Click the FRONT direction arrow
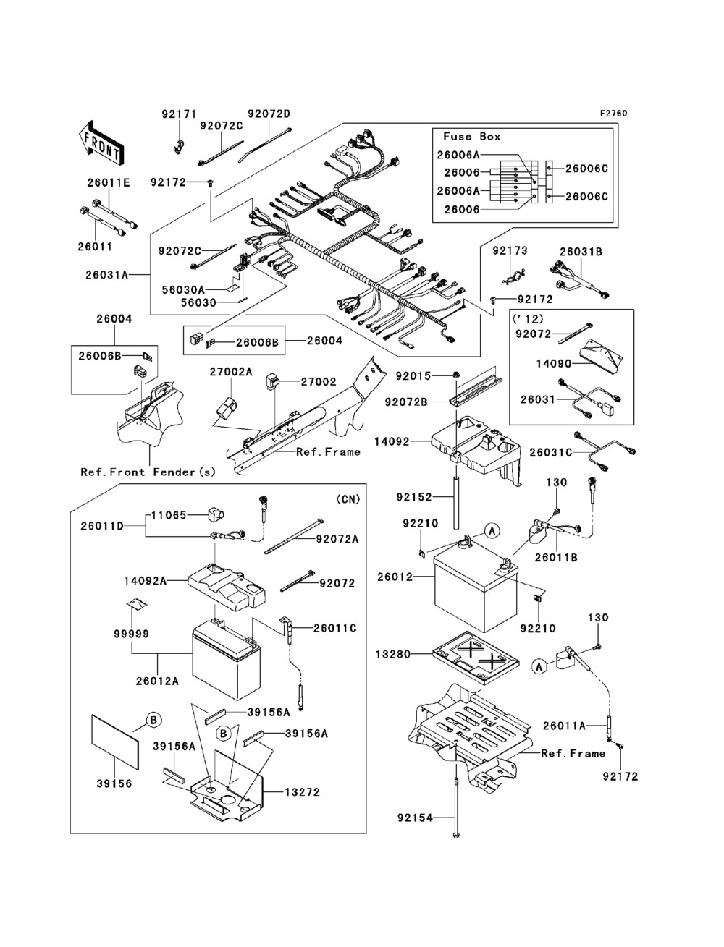coord(101,143)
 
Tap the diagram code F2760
coord(613,114)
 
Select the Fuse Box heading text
coord(471,137)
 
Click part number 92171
coord(179,114)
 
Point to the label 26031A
coord(107,275)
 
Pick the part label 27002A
coord(231,371)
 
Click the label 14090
coord(553,364)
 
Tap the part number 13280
coord(393,654)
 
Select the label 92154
coord(416,818)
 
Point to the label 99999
coord(131,634)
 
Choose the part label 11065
coord(169,515)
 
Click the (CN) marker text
coord(348,499)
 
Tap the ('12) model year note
coord(528,319)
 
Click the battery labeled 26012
coord(476,587)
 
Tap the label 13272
coord(302,792)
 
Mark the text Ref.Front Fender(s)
coord(148,472)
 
